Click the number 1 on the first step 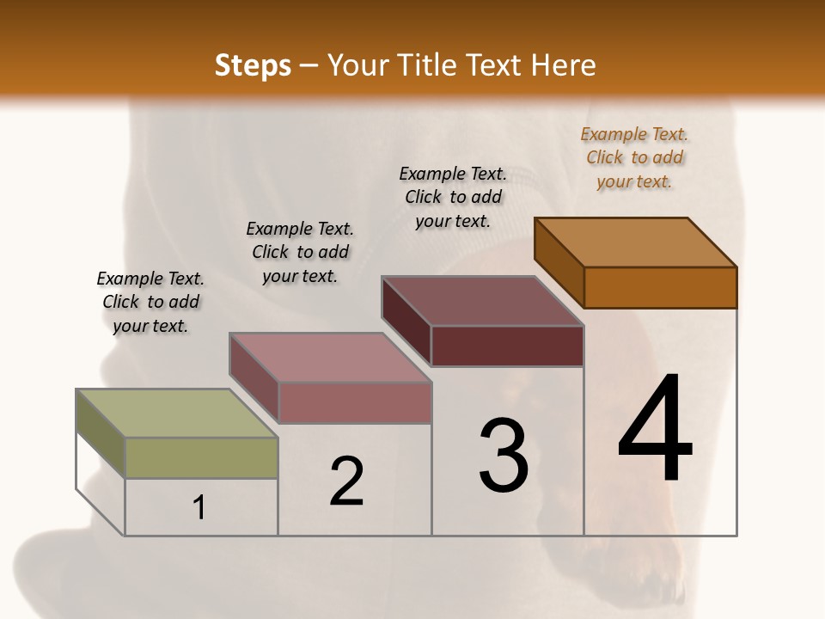tap(199, 507)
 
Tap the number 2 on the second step tap(346, 481)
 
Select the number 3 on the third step tap(504, 456)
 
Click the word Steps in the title tap(253, 65)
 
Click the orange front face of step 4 tap(660, 287)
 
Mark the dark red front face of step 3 tap(507, 346)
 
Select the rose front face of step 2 tap(355, 402)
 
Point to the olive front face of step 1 tap(202, 457)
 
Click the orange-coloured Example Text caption tap(634, 157)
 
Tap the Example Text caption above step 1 tap(150, 302)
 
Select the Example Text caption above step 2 tap(300, 252)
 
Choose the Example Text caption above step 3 tap(453, 197)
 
